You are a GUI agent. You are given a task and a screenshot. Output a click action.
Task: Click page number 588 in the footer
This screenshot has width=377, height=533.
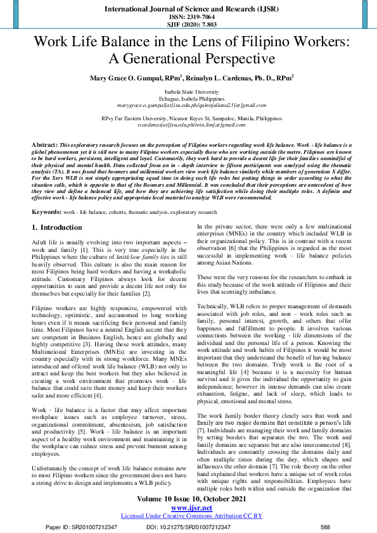click(326, 527)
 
